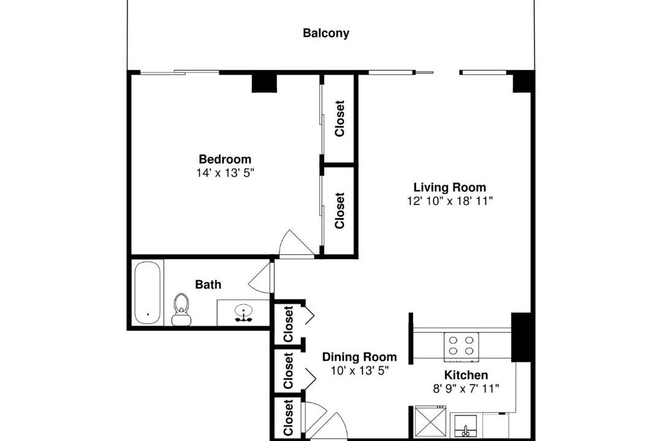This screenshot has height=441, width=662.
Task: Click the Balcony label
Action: [x=326, y=33]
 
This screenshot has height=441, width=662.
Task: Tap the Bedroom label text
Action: [x=225, y=159]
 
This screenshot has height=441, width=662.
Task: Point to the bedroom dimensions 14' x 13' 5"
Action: [x=225, y=173]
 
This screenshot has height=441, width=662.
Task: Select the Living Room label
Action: [x=450, y=187]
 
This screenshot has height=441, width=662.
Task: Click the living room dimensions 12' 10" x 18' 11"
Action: [x=450, y=201]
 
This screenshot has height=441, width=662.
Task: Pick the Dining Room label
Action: [x=359, y=357]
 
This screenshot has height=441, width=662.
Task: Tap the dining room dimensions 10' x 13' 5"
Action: [x=359, y=371]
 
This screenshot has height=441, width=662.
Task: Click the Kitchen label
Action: [x=466, y=375]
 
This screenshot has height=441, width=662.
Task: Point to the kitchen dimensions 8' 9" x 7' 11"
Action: [x=466, y=388]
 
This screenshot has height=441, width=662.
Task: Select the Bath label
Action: [x=208, y=284]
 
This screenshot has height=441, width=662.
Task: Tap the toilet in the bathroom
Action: [x=181, y=309]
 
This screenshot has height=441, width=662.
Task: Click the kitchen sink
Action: [x=466, y=426]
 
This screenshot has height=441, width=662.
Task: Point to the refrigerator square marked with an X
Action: [x=430, y=421]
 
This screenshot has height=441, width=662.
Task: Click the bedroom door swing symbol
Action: [x=296, y=244]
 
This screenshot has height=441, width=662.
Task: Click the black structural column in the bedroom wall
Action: [x=264, y=83]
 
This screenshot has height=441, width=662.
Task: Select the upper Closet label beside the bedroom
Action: [x=340, y=119]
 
